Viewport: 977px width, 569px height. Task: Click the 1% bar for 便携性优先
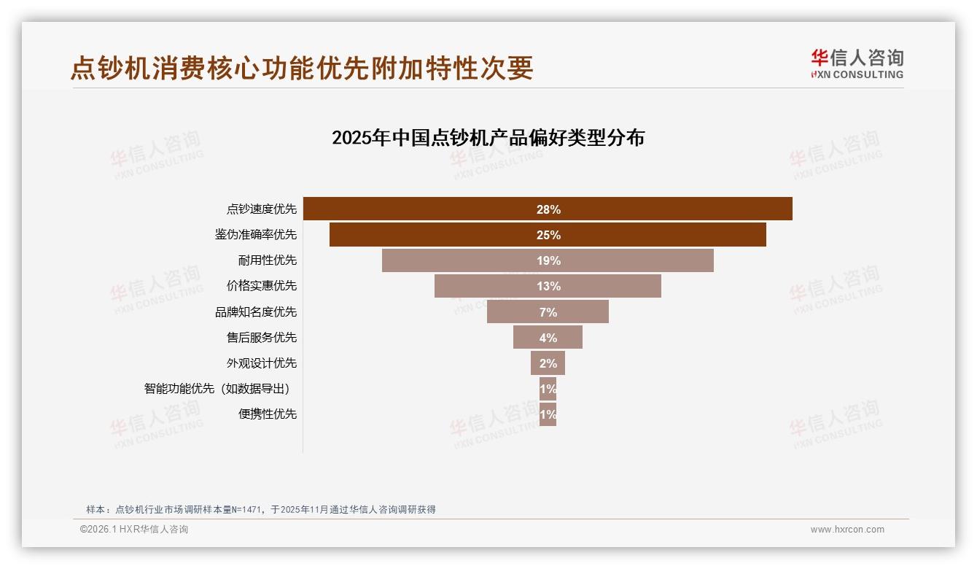(x=548, y=414)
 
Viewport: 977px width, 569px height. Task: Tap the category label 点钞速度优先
(x=262, y=209)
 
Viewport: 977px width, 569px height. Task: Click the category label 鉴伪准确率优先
(x=256, y=235)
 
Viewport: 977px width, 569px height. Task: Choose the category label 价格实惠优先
(x=262, y=286)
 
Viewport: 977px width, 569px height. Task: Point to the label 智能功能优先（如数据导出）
(x=222, y=389)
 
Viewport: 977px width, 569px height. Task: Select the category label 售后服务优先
(x=262, y=338)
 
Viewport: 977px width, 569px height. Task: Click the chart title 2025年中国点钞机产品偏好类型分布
(x=488, y=138)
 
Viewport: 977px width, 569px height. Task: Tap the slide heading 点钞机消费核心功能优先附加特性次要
(x=302, y=68)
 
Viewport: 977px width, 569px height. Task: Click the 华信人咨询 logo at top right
(x=857, y=63)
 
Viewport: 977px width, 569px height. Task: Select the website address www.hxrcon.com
(x=847, y=530)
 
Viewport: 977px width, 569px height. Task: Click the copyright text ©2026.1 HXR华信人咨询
(x=134, y=530)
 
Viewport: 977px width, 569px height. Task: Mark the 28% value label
(x=548, y=209)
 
